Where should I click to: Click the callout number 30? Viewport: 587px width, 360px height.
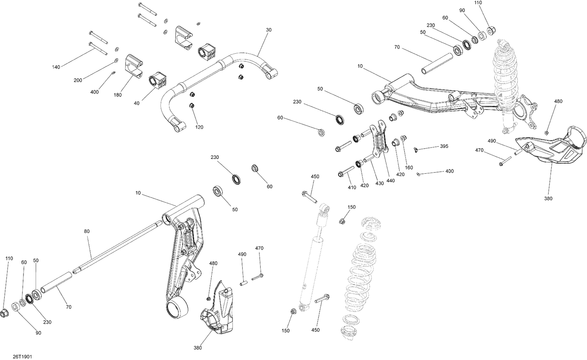click(268, 30)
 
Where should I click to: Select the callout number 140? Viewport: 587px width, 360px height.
click(56, 67)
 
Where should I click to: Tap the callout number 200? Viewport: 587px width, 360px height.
click(78, 80)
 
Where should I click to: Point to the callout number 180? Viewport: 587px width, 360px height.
click(118, 95)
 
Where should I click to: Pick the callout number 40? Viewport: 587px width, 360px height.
click(136, 103)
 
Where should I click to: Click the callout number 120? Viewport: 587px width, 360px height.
click(199, 127)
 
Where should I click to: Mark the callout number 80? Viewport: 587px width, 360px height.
click(86, 231)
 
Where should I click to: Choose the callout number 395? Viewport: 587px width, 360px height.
click(444, 146)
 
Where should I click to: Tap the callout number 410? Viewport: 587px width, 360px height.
click(352, 187)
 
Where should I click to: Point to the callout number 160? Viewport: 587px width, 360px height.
click(409, 167)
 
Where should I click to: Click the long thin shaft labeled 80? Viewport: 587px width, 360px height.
click(117, 246)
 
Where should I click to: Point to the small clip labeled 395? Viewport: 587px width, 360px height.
click(416, 149)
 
